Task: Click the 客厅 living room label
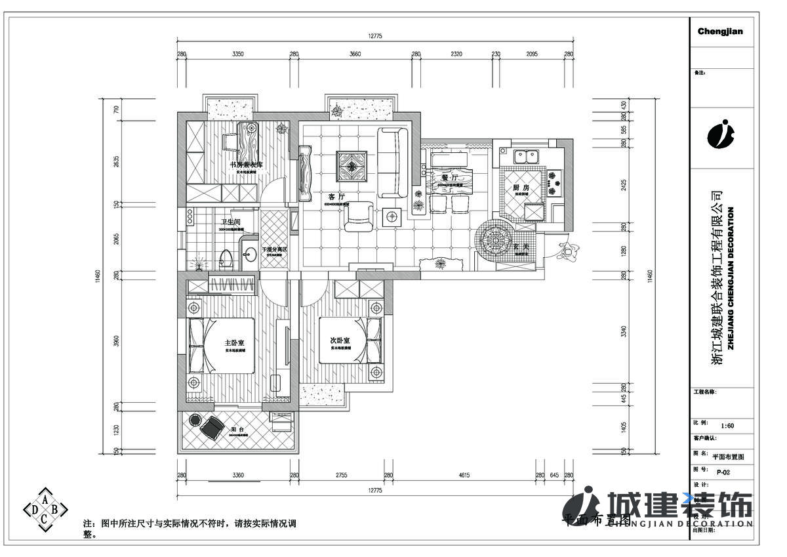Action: (x=336, y=196)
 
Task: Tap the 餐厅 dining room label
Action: (x=449, y=177)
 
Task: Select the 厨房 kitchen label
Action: (x=521, y=188)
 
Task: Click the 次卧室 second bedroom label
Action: (x=340, y=340)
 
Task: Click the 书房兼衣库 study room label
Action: (x=246, y=165)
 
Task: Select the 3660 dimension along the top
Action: (x=355, y=54)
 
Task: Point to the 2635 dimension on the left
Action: (x=117, y=161)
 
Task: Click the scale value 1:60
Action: (x=727, y=425)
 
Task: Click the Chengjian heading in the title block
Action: (x=720, y=31)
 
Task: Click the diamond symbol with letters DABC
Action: (x=45, y=508)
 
